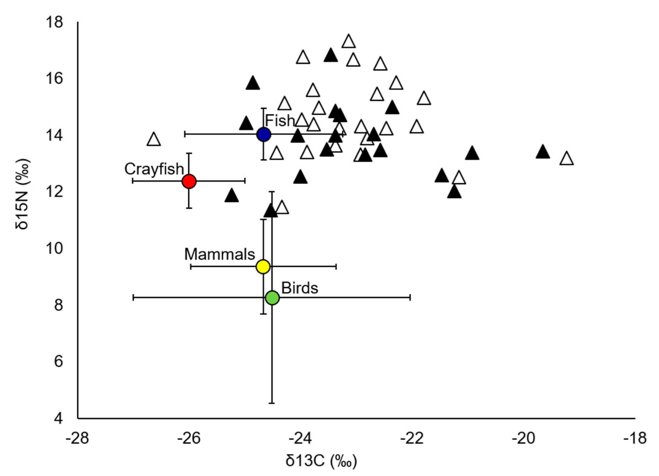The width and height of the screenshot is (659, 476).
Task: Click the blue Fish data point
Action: (264, 135)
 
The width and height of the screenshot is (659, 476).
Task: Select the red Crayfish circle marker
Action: (189, 181)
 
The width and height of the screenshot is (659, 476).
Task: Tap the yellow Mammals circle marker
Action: (263, 266)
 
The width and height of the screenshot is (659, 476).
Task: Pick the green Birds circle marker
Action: (272, 298)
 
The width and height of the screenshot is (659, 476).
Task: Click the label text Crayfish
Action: (154, 169)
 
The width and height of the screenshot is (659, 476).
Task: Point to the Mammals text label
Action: (220, 254)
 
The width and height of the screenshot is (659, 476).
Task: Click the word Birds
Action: (300, 288)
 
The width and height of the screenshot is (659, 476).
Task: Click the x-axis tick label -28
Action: (77, 439)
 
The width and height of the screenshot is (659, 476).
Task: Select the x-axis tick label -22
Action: (412, 439)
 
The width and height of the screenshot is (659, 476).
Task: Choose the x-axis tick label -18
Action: (635, 439)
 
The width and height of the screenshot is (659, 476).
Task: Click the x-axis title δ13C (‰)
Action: (321, 461)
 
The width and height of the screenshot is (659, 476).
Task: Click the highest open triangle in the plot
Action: (349, 42)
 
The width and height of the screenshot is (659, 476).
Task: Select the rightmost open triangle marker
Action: (567, 159)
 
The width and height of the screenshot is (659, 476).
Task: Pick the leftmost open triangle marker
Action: (154, 140)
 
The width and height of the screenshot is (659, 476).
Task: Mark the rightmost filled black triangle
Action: (542, 152)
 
